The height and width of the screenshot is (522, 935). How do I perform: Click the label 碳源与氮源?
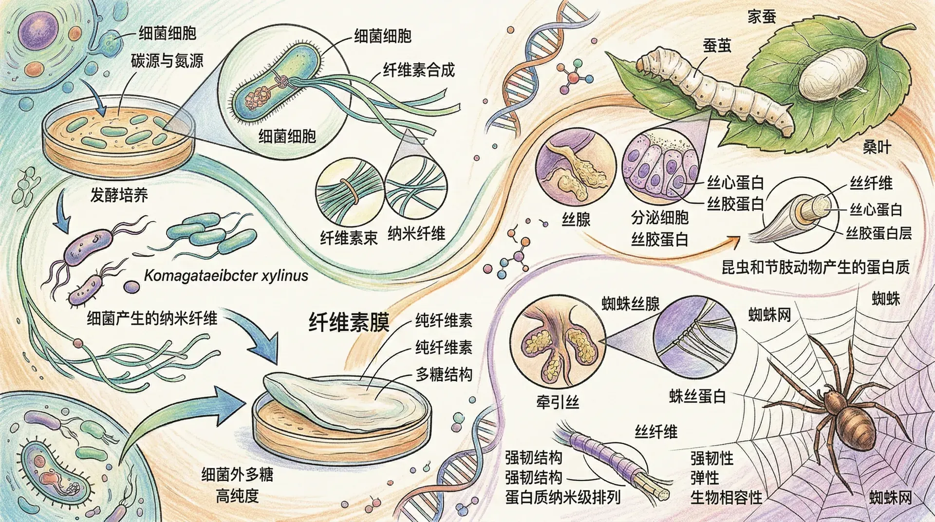pyautogui.click(x=167, y=61)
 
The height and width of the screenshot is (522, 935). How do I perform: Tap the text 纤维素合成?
pyautogui.click(x=418, y=70)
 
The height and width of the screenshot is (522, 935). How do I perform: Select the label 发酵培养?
pyautogui.click(x=119, y=195)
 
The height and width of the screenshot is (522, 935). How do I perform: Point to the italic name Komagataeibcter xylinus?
pyautogui.click(x=226, y=276)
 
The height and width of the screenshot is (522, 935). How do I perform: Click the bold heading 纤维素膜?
pyautogui.click(x=349, y=322)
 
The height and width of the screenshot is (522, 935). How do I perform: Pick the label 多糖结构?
pyautogui.click(x=444, y=374)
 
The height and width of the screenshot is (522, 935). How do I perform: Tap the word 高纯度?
pyautogui.click(x=237, y=496)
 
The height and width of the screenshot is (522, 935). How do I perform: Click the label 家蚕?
pyautogui.click(x=761, y=17)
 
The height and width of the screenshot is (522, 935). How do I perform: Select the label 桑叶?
pyautogui.click(x=877, y=148)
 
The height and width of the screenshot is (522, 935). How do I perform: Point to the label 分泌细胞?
pyautogui.click(x=659, y=218)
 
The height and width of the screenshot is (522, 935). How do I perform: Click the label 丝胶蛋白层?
pyautogui.click(x=879, y=233)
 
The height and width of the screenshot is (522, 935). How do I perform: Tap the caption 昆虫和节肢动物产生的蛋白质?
pyautogui.click(x=815, y=267)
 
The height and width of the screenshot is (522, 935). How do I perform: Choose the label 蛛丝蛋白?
pyautogui.click(x=697, y=396)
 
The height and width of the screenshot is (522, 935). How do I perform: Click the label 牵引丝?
pyautogui.click(x=557, y=402)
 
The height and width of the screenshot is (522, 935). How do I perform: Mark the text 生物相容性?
pyautogui.click(x=726, y=498)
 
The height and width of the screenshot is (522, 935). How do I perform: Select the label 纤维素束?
pyautogui.click(x=349, y=238)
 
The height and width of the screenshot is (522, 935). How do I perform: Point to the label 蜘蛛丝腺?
pyautogui.click(x=631, y=304)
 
